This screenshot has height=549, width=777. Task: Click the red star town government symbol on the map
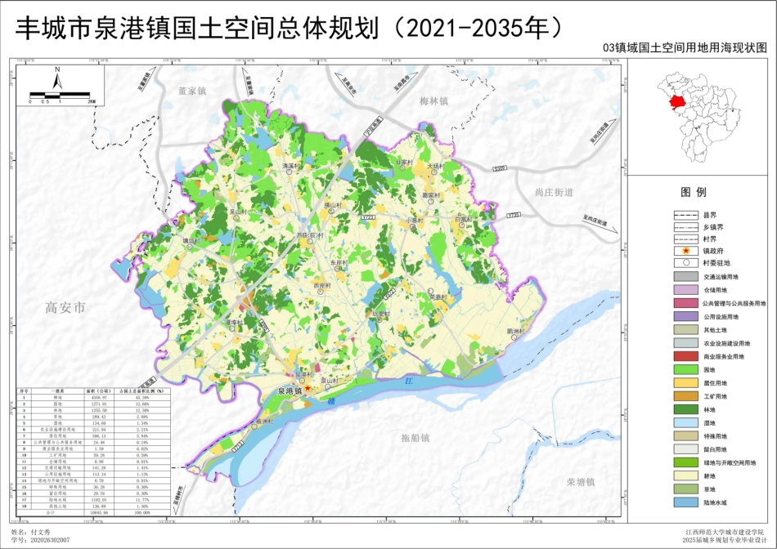[x=308, y=388]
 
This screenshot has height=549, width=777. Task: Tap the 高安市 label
[x=65, y=308]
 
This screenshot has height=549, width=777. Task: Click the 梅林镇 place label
[x=434, y=101]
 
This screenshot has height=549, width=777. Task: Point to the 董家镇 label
[x=193, y=91]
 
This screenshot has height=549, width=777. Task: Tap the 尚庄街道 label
[x=554, y=192]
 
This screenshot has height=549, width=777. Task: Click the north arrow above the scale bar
[x=57, y=78]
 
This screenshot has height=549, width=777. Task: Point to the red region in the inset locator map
[x=676, y=102]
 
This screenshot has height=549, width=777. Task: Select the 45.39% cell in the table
[x=141, y=398]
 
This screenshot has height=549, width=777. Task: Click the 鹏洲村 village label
[x=515, y=331]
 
